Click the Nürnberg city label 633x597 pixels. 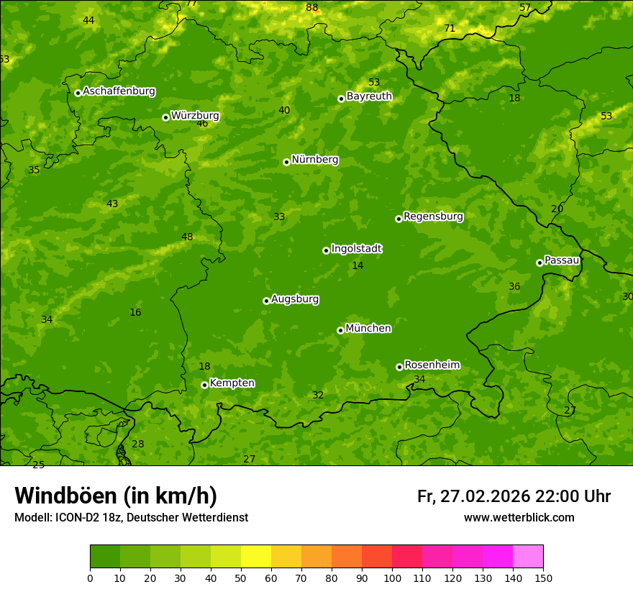point(314,160)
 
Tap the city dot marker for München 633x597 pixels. point(340,330)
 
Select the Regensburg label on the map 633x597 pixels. point(433,217)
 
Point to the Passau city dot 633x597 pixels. point(539,263)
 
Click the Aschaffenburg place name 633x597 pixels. point(119,91)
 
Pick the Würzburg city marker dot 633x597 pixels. point(165,117)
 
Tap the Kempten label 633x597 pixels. point(232,383)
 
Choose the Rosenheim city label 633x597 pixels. point(432,365)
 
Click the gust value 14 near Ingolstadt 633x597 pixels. point(358,266)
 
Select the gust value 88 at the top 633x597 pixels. point(311,8)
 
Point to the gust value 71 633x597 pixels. point(450,29)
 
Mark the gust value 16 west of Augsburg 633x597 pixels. point(135,312)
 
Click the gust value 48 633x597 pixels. point(187,237)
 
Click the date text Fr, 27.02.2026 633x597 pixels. point(473,496)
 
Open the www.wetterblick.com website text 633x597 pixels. point(519,517)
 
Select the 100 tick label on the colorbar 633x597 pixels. point(392,578)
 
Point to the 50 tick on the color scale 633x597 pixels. point(241,578)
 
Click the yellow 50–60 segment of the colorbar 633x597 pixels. point(256,557)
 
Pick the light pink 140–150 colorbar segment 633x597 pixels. point(528,557)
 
